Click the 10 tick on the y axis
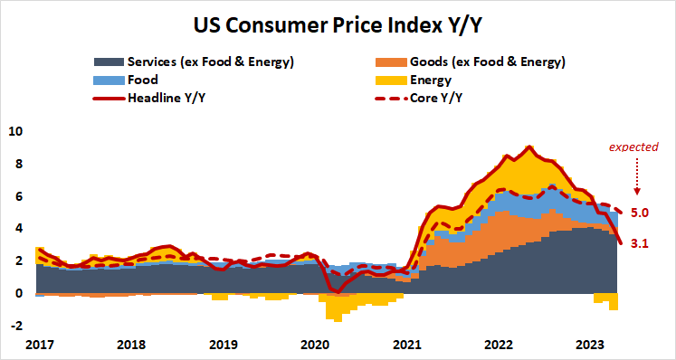tap(14, 131)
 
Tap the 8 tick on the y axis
tap(18, 164)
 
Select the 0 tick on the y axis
tap(18, 293)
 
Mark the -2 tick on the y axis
tap(15, 326)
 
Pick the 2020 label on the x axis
tap(315, 345)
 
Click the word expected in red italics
tap(633, 147)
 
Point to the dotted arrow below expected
tap(636, 176)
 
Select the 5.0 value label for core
tap(639, 213)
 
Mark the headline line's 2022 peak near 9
tap(529, 147)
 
